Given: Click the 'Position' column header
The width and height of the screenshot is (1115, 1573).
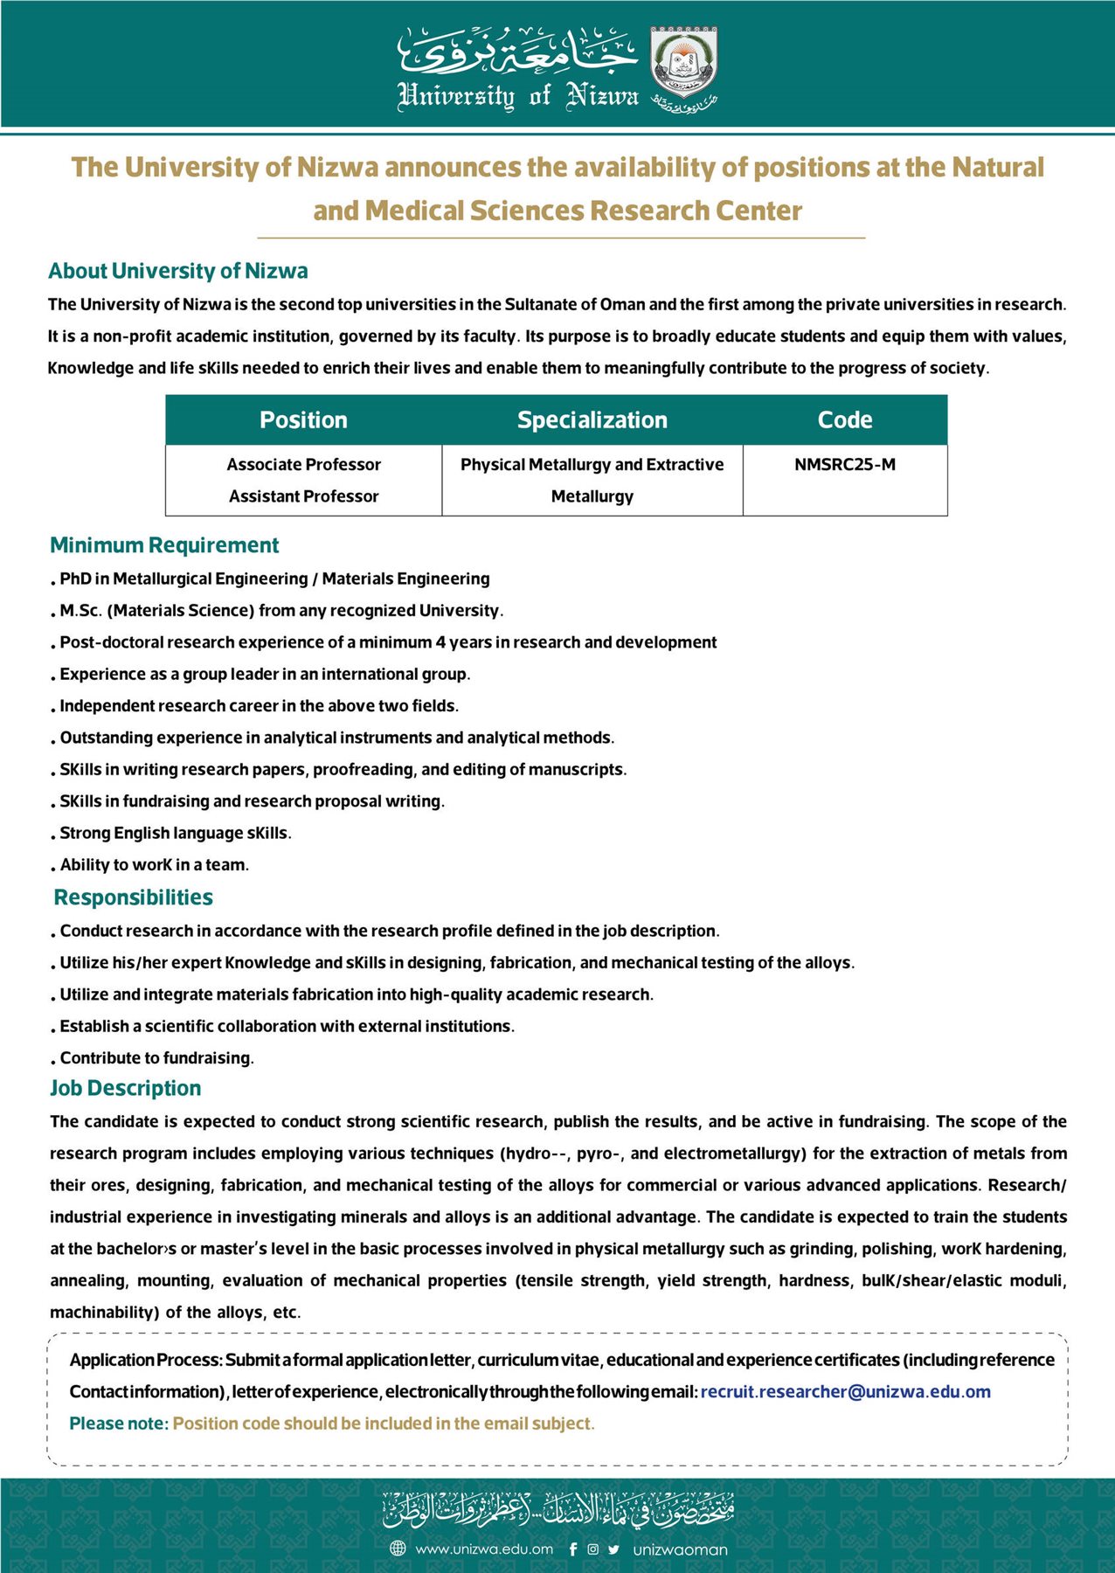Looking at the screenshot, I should (303, 420).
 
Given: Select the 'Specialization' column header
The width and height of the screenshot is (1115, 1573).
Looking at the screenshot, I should (592, 420).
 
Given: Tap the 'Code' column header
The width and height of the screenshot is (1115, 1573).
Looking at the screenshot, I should (844, 420).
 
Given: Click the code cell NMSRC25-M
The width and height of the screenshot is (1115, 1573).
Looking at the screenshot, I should (844, 465).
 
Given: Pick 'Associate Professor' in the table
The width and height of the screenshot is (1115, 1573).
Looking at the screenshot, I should (303, 465).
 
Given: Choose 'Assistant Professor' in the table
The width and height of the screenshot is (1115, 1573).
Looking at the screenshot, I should (303, 496).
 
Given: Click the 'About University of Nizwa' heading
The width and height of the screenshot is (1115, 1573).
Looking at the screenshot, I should (178, 271).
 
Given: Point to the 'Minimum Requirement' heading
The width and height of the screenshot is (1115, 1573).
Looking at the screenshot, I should (164, 545).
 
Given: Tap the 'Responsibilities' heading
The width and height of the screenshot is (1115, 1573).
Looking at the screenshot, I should (133, 897).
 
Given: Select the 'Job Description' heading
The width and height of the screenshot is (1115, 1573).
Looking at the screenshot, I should (126, 1088).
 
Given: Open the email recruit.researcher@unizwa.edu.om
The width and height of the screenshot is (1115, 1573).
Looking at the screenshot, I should (845, 1392).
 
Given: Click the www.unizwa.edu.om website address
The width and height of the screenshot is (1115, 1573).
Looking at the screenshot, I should (484, 1549).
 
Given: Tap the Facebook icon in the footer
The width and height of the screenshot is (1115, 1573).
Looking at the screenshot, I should (573, 1549).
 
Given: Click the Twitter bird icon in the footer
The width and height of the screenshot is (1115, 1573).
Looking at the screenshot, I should (613, 1549).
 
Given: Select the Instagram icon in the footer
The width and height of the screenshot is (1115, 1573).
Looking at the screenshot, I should (593, 1549).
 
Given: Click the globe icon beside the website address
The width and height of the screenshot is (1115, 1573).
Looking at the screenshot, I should (398, 1549).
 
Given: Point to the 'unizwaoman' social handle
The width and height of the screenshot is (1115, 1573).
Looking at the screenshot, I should (680, 1550).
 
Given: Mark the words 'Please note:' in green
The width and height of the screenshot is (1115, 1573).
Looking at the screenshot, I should (118, 1424).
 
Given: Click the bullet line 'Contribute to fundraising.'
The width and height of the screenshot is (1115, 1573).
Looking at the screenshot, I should (156, 1058).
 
